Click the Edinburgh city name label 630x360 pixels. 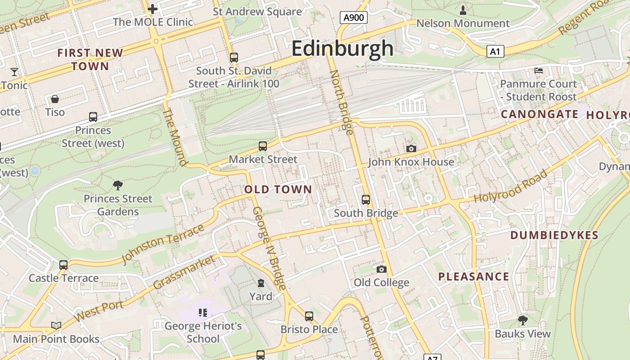[x=342, y=48]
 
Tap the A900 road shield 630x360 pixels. [x=353, y=18]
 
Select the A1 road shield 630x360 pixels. [x=495, y=52]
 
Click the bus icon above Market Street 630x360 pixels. [x=263, y=146]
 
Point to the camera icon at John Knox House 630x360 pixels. [x=411, y=149]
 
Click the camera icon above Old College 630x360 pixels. [x=381, y=269]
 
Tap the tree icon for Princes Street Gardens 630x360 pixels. [x=118, y=185]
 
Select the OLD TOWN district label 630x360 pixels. [x=278, y=189]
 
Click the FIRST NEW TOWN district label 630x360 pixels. [x=90, y=59]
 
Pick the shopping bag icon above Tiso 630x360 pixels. [x=55, y=99]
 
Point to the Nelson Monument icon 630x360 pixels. [x=463, y=10]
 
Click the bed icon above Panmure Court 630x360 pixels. [x=538, y=71]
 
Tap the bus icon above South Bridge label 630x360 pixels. [x=366, y=199]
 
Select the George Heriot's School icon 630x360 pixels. [x=202, y=312]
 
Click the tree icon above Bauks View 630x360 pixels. [x=522, y=320]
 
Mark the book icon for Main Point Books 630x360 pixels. [x=56, y=325]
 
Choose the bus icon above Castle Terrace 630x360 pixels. [x=63, y=265]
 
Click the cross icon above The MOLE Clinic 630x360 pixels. [x=153, y=9]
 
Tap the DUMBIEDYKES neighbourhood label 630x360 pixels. [x=554, y=235]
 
